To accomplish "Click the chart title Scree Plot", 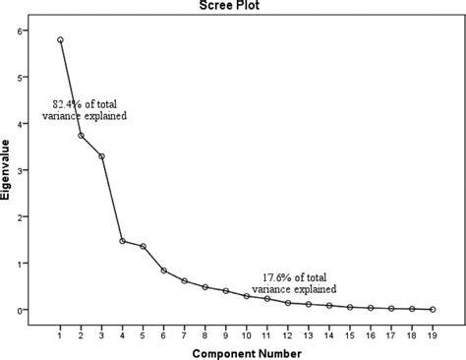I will pyautogui.click(x=233, y=7).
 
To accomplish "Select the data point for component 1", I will pyautogui.click(x=61, y=40).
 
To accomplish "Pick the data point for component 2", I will pyautogui.click(x=82, y=136).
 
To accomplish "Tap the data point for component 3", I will pyautogui.click(x=102, y=156).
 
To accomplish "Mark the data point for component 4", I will pyautogui.click(x=123, y=241).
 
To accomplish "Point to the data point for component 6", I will pyautogui.click(x=164, y=270).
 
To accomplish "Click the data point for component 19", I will pyautogui.click(x=433, y=309).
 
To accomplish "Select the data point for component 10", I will pyautogui.click(x=247, y=296).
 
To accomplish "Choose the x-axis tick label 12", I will pyautogui.click(x=288, y=330).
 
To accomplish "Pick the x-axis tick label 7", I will pyautogui.click(x=185, y=330).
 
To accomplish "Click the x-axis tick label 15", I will pyautogui.click(x=350, y=330).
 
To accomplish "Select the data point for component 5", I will pyautogui.click(x=144, y=246).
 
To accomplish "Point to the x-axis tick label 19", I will pyautogui.click(x=433, y=330).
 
